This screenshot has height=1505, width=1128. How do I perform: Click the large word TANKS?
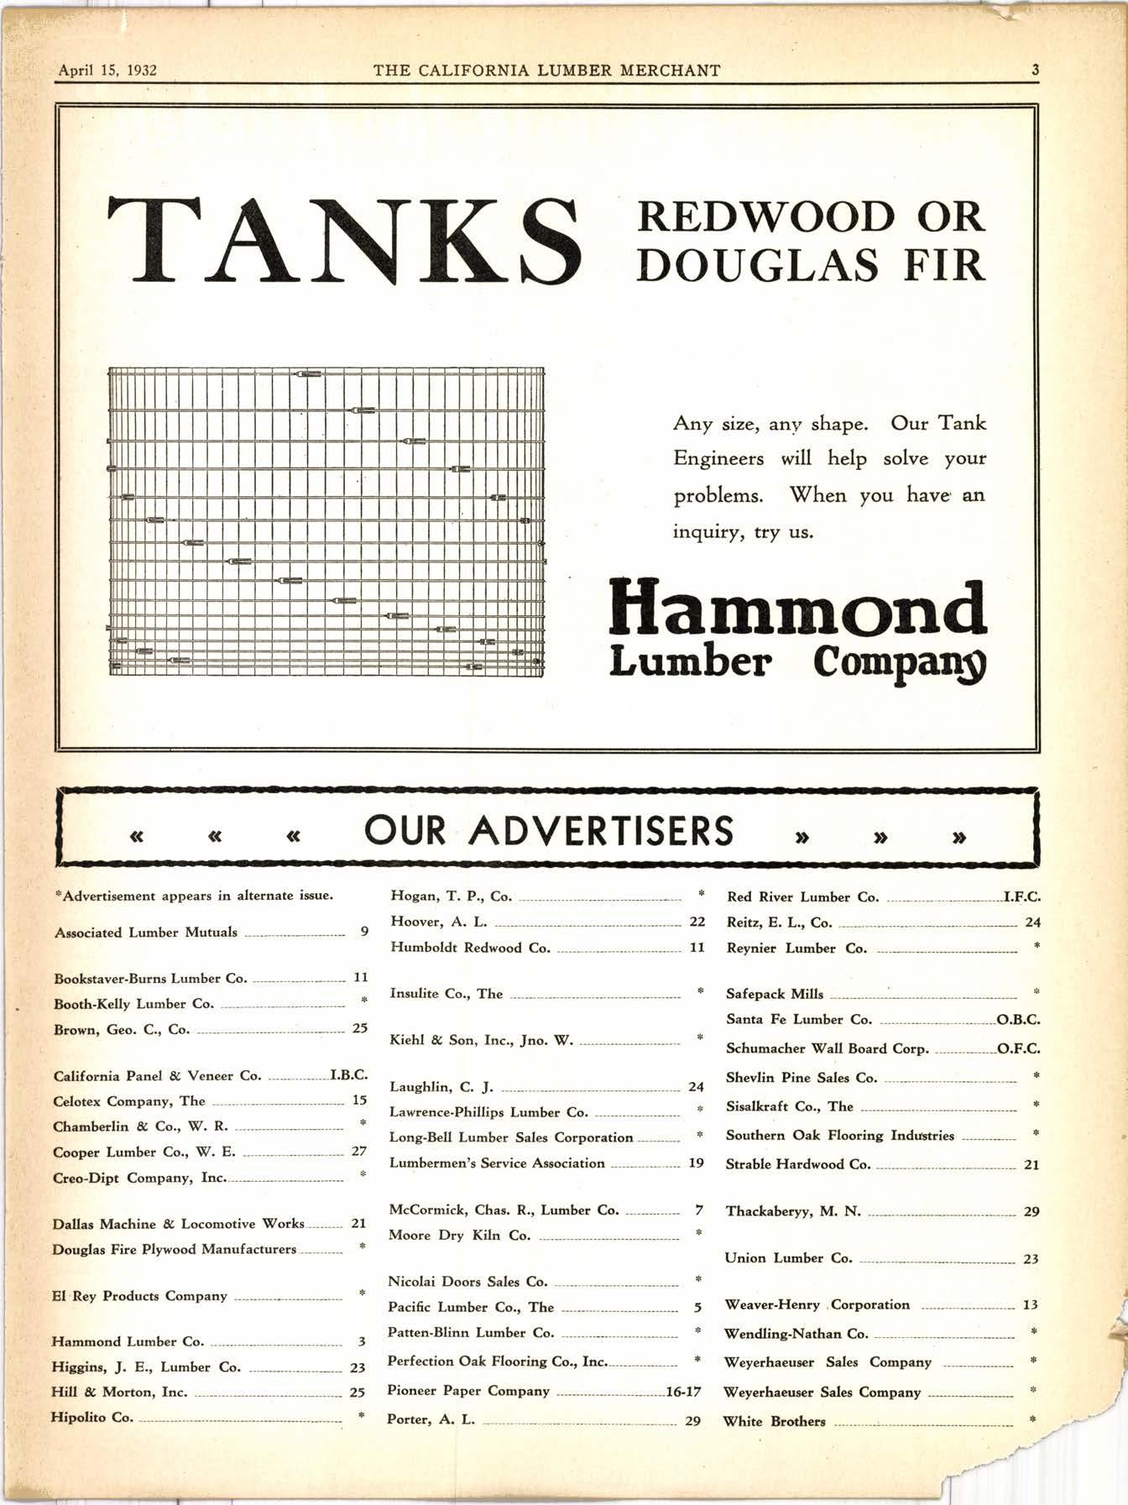click(x=344, y=240)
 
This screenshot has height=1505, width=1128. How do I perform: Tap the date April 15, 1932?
click(x=107, y=71)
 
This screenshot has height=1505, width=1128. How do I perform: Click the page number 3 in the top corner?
click(x=1035, y=71)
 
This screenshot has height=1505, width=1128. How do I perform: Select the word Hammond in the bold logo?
click(x=798, y=609)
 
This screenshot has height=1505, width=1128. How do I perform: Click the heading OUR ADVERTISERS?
click(x=549, y=831)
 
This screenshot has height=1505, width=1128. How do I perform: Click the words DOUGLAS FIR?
click(x=810, y=265)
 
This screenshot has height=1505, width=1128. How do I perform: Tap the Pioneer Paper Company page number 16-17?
click(x=682, y=1392)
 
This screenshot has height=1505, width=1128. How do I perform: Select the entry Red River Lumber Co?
click(x=802, y=897)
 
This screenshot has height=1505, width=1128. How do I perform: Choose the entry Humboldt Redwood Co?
click(x=470, y=948)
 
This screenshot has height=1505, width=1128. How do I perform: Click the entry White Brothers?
click(x=774, y=1422)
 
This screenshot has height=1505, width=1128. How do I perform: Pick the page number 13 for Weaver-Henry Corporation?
click(x=1030, y=1305)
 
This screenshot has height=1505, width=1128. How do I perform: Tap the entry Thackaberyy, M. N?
click(x=793, y=1211)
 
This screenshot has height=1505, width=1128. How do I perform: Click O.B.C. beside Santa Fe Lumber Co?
click(x=1018, y=1020)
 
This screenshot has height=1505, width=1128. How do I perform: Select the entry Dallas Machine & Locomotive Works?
click(x=178, y=1224)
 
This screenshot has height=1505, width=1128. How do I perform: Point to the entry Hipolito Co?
click(x=92, y=1417)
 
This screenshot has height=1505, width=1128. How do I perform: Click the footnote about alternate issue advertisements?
click(x=194, y=896)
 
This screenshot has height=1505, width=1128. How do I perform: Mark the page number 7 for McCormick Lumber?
click(x=698, y=1210)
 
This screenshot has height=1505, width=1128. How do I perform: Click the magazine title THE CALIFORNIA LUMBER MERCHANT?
click(x=546, y=71)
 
